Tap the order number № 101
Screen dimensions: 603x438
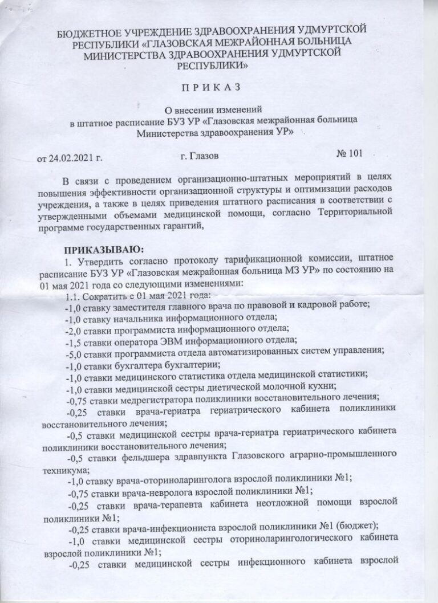(x=348, y=153)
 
